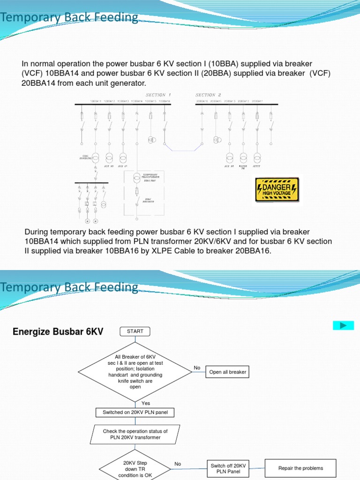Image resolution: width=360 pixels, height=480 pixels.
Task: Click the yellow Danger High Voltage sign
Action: click(x=277, y=190)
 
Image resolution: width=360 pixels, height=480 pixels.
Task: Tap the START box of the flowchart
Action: click(x=135, y=331)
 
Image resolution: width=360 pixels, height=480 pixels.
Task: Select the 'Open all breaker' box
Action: click(x=228, y=372)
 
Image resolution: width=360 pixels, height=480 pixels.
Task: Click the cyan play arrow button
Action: click(x=343, y=325)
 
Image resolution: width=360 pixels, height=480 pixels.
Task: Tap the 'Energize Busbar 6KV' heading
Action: click(x=58, y=332)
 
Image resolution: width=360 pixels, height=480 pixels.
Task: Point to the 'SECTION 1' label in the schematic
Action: click(x=156, y=95)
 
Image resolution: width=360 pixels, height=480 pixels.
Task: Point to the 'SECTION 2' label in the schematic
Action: click(x=208, y=95)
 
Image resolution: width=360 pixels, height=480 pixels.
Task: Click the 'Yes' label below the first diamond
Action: click(x=146, y=403)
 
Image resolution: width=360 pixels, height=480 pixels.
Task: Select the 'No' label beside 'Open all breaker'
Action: click(x=197, y=368)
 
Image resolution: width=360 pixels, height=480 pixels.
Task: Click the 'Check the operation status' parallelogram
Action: click(x=135, y=434)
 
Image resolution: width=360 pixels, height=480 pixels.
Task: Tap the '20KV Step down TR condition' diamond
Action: click(x=135, y=468)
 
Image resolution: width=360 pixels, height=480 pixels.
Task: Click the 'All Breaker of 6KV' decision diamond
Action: click(x=135, y=372)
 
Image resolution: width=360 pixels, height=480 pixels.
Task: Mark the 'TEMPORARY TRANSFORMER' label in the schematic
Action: click(x=151, y=177)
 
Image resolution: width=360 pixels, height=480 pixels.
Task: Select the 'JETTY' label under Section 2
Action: click(x=257, y=166)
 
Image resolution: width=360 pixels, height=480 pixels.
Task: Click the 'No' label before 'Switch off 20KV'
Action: click(x=178, y=464)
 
